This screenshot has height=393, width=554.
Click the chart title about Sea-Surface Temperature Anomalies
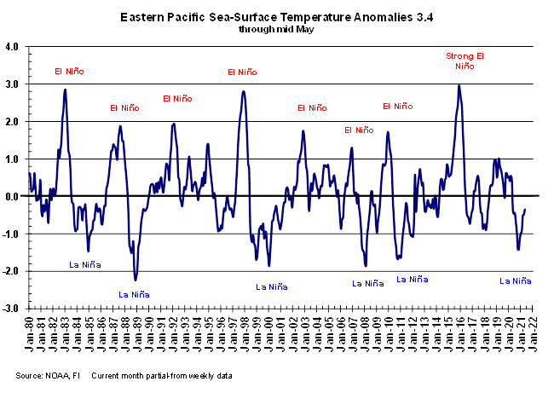(x=276, y=16)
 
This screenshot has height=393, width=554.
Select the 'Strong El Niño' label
(x=465, y=61)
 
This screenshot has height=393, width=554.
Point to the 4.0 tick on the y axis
(x=14, y=47)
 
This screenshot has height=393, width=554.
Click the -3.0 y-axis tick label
(x=12, y=308)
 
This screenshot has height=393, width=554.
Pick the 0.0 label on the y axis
(x=14, y=196)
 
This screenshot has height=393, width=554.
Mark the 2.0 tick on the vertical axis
(x=14, y=122)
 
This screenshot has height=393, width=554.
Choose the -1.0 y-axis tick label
(x=12, y=234)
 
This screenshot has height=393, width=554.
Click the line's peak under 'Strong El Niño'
(x=459, y=84)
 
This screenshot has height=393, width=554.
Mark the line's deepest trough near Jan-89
(x=135, y=280)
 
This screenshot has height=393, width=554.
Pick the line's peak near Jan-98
(x=244, y=91)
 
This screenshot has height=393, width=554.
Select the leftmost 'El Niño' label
(x=69, y=71)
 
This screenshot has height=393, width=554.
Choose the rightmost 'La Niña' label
(x=516, y=280)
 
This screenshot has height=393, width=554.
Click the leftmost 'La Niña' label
(x=85, y=265)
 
